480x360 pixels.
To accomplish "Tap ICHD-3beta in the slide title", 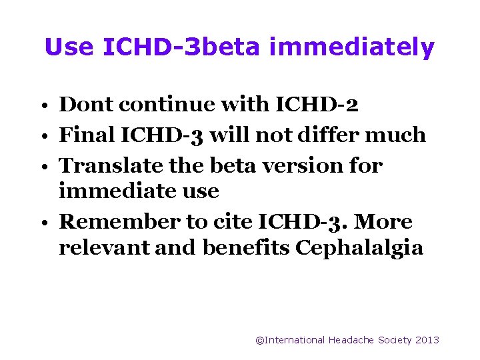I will (185, 47).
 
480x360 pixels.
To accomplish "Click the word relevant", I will (105, 248).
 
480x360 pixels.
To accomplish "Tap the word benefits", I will (246, 248).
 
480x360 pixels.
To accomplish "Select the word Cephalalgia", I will (359, 248).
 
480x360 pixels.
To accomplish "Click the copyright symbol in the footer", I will (260, 340).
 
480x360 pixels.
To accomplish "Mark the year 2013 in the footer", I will (427, 340).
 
